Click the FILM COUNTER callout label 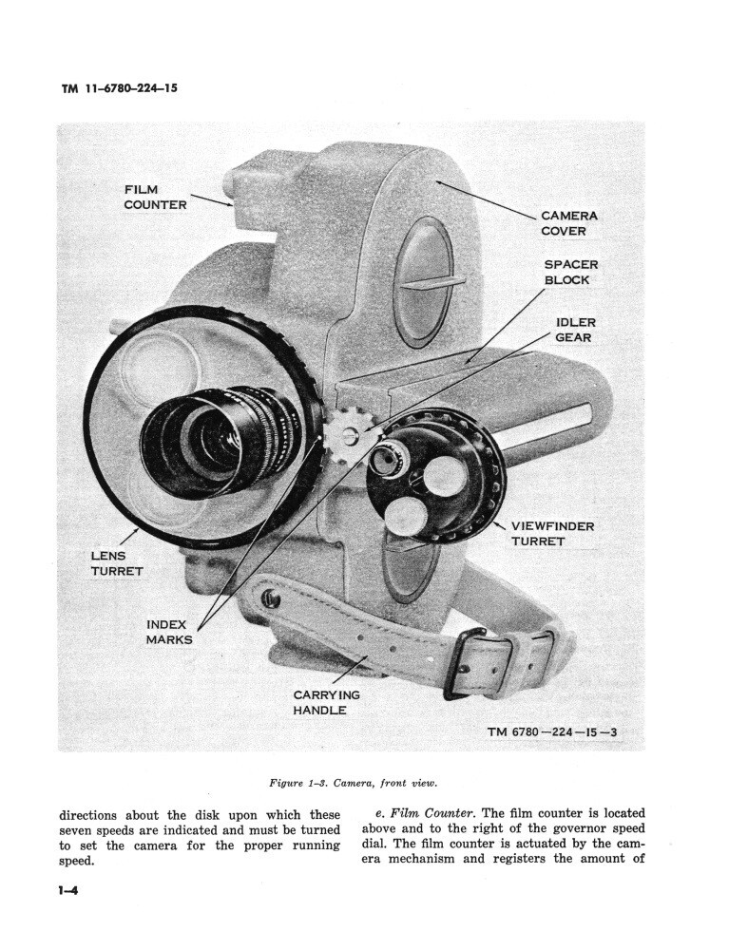click(155, 197)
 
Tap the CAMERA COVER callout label click(569, 223)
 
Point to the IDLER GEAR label click(575, 330)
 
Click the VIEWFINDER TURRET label click(552, 533)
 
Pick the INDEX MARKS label click(169, 632)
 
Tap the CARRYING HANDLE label click(326, 702)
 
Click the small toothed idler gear click(348, 433)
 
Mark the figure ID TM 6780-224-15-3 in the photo click(551, 732)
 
